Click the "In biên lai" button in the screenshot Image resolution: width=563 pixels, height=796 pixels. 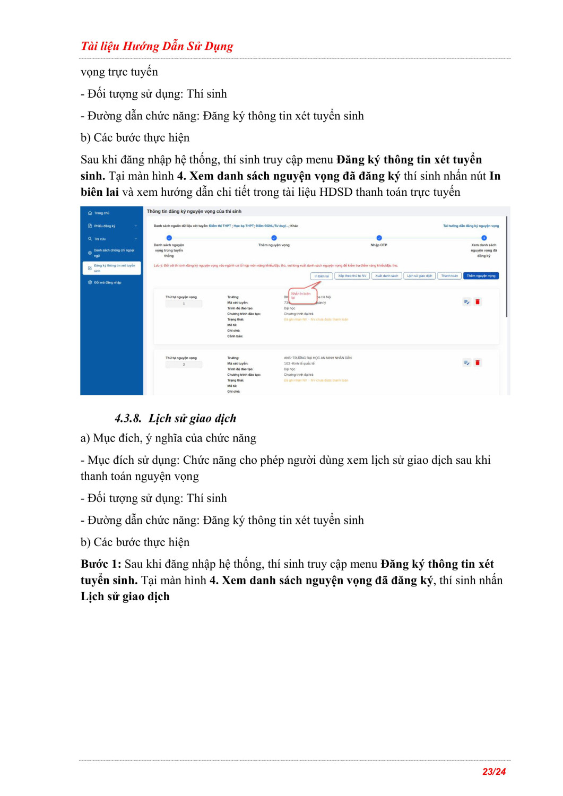pos(322,276)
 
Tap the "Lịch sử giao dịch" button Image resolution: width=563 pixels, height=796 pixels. pos(420,276)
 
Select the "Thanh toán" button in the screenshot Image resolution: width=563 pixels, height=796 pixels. pos(449,276)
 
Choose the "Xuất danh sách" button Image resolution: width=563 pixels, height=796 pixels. pos(387,276)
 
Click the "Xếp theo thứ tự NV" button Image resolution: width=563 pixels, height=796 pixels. pos(352,276)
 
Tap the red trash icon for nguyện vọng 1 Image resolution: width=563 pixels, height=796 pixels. pos(478,302)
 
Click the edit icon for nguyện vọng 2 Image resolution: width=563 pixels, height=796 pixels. pos(466,363)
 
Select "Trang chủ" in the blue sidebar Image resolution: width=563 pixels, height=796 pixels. pos(101,213)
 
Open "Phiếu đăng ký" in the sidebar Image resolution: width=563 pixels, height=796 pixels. pos(105,226)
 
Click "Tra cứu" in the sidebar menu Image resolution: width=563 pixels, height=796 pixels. pos(100,239)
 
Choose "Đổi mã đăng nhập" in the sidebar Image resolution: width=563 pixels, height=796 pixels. pos(107,283)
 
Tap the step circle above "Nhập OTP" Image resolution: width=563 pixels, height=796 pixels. pos(379,238)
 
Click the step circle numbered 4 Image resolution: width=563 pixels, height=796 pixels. pos(484,238)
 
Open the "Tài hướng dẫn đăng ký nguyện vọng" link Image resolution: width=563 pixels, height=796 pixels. pos(471,226)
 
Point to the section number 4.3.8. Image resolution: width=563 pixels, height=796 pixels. pos(128,419)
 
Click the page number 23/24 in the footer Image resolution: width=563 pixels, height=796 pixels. pos(494,772)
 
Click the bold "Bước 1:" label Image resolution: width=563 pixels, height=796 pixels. pos(101,564)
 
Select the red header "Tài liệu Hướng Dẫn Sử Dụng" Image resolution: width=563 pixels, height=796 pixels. pos(157,46)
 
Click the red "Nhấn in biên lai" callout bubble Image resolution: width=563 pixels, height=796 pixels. pos(302,296)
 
